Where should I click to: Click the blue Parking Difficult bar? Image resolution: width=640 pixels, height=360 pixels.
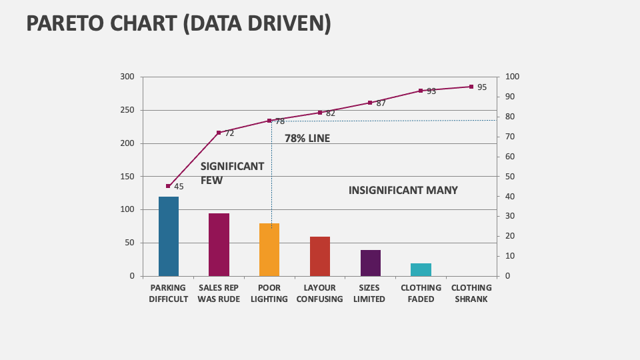(169, 236)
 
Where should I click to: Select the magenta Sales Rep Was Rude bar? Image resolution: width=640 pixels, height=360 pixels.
(219, 245)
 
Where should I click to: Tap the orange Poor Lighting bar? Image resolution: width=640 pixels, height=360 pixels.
(269, 249)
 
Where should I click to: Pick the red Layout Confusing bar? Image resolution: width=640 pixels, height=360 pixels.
(320, 256)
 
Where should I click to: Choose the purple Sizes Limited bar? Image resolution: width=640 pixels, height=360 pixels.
(371, 263)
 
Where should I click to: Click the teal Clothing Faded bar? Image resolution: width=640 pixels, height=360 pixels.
(421, 269)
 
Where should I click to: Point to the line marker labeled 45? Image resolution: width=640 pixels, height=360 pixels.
(169, 186)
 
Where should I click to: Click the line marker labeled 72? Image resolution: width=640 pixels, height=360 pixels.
(219, 133)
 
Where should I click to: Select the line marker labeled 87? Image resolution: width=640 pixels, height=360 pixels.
(370, 103)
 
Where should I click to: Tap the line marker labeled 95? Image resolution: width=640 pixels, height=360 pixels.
(471, 87)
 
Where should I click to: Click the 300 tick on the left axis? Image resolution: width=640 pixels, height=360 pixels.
(127, 77)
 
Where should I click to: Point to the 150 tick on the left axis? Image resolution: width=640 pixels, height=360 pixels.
(127, 177)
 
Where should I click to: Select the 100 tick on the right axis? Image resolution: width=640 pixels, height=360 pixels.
(512, 77)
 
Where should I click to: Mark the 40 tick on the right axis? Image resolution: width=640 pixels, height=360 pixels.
(510, 197)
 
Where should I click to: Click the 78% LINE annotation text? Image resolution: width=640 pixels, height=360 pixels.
(307, 139)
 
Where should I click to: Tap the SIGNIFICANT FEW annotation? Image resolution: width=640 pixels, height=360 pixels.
(232, 173)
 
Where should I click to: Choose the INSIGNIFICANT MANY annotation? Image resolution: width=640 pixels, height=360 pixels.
(403, 190)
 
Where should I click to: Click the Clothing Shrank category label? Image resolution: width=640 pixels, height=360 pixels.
(471, 293)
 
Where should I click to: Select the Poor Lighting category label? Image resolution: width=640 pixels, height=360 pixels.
(269, 293)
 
